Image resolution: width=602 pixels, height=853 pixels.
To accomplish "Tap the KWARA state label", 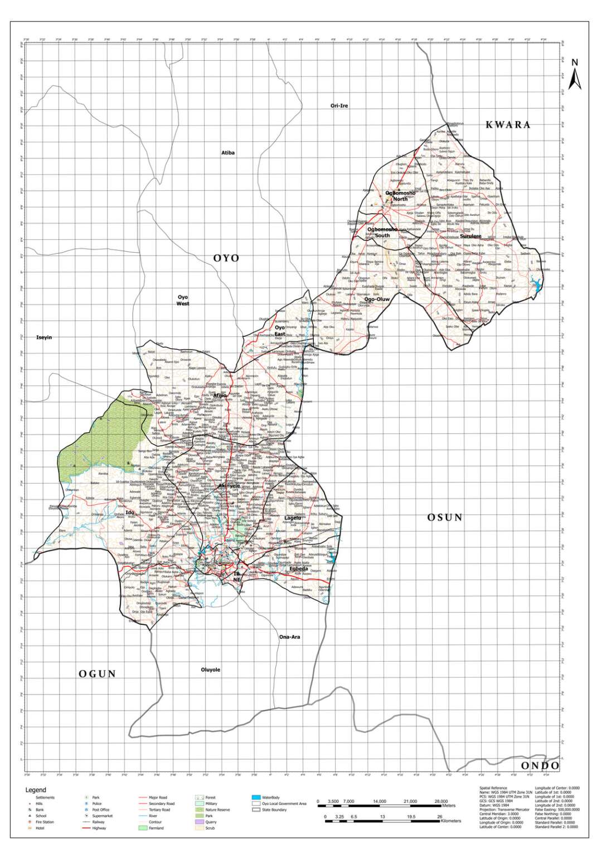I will (x=508, y=125).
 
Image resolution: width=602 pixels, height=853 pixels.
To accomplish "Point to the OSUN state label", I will (x=445, y=517).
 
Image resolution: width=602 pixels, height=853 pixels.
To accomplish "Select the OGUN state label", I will (x=98, y=674).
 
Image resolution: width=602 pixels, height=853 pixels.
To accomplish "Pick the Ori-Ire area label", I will (x=339, y=105).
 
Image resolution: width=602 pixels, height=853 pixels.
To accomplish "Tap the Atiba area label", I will (x=228, y=152).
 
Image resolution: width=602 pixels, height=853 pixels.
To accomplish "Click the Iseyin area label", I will (x=44, y=338).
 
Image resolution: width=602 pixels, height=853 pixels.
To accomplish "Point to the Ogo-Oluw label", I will (x=377, y=300).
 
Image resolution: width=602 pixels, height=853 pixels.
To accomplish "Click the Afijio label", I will (x=220, y=396).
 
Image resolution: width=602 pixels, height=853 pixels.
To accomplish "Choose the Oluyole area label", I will (x=210, y=669).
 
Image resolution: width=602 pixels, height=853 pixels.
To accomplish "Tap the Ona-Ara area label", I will (x=289, y=637).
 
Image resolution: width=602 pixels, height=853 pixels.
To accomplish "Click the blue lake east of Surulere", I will (x=538, y=286).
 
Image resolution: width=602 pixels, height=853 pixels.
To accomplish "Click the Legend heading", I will (x=36, y=790).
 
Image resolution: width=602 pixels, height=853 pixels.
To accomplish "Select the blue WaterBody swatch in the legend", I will (x=256, y=798).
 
